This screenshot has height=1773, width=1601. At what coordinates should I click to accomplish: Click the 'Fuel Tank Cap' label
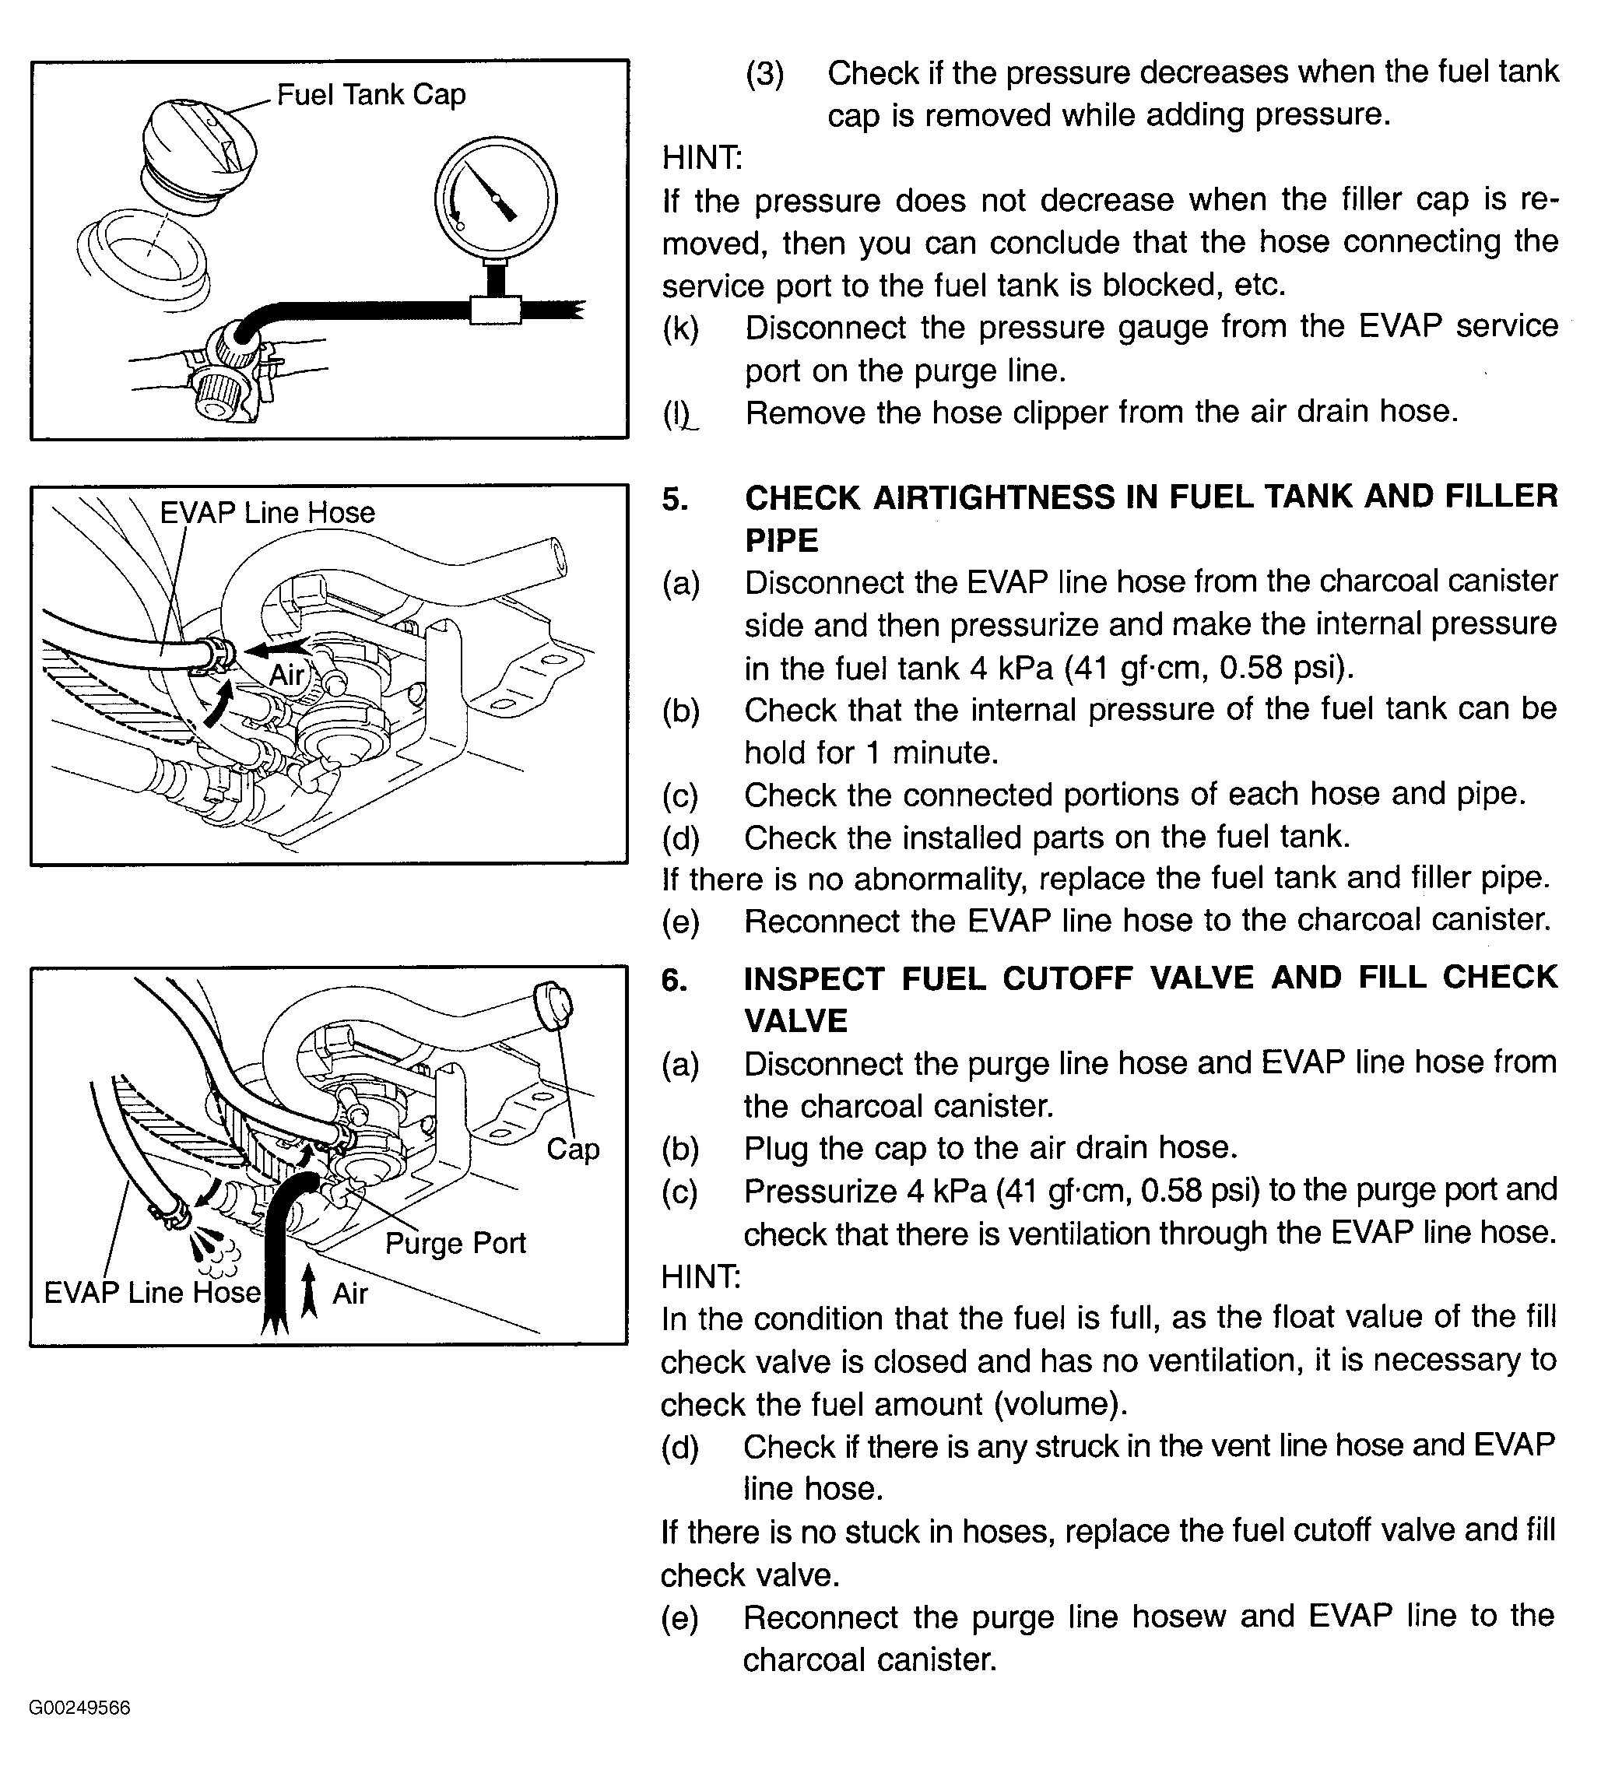pyautogui.click(x=370, y=94)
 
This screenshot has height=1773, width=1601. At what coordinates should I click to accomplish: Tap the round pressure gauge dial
pyautogui.click(x=495, y=198)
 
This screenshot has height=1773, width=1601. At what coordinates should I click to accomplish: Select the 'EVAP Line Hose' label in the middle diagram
pyautogui.click(x=268, y=513)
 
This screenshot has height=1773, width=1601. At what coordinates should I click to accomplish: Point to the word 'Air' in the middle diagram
pyautogui.click(x=286, y=675)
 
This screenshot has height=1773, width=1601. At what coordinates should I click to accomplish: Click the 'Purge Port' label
pyautogui.click(x=455, y=1243)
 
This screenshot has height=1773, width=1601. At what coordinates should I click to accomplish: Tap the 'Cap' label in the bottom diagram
pyautogui.click(x=573, y=1149)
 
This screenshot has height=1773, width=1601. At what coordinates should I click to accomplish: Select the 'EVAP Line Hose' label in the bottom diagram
pyautogui.click(x=153, y=1292)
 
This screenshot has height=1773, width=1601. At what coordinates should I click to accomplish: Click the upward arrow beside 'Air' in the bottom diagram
pyautogui.click(x=309, y=1290)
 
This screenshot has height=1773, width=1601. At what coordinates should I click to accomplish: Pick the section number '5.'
pyautogui.click(x=675, y=499)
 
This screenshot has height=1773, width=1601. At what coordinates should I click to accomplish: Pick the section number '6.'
pyautogui.click(x=675, y=980)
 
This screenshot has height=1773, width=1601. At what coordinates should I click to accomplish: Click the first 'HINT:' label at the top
pyautogui.click(x=702, y=158)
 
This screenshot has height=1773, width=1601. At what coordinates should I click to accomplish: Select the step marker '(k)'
pyautogui.click(x=681, y=328)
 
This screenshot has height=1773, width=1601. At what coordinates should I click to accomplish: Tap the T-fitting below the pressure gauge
pyautogui.click(x=496, y=310)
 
